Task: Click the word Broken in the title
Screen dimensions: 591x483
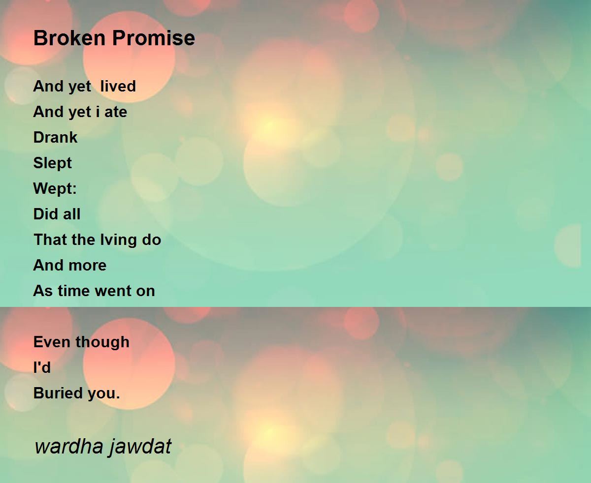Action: [69, 38]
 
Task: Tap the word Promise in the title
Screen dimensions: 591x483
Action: [154, 38]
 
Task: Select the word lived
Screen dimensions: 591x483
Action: [118, 86]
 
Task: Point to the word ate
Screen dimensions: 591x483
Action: [116, 112]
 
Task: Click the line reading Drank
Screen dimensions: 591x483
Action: [55, 137]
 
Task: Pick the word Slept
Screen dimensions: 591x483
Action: [52, 163]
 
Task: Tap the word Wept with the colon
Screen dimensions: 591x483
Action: [55, 188]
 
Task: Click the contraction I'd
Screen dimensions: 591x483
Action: [42, 367]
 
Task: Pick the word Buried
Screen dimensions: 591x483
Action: [58, 393]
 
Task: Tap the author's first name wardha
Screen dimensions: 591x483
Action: [69, 446]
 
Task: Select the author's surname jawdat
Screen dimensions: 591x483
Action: [140, 447]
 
